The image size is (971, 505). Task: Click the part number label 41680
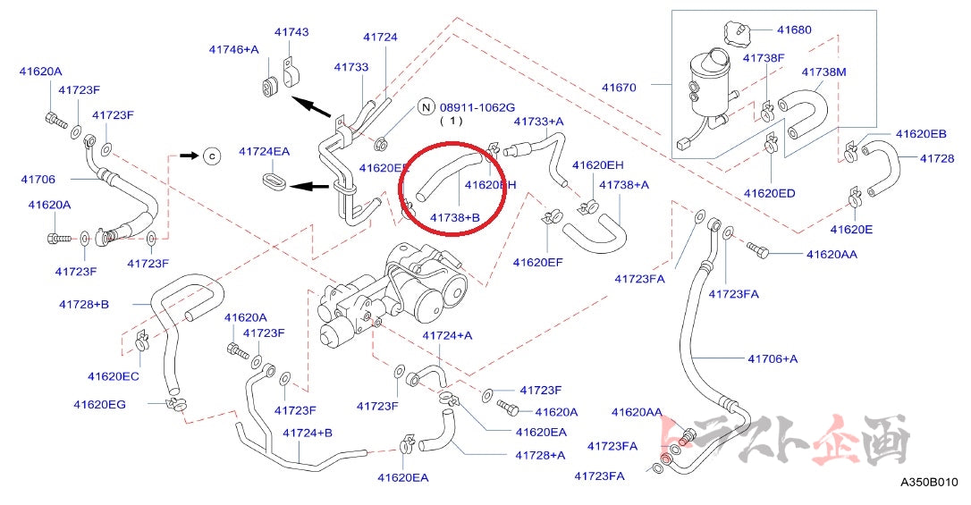pos(794,29)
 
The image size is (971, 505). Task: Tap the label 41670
pos(619,87)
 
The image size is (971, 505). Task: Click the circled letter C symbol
pos(212,156)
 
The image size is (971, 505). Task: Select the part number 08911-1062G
pos(478,107)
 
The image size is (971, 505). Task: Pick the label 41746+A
pos(233,49)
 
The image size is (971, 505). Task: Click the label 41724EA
pos(264,151)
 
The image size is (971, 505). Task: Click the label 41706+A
pos(772,358)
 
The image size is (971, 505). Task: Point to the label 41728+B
pos(84,304)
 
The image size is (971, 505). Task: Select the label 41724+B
pos(308,433)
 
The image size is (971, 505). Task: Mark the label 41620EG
pos(99,404)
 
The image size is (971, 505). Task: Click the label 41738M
pos(823,71)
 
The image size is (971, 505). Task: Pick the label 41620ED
pos(769,192)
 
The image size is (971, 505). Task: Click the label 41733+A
pos(538,121)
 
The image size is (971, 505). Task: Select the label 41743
pos(291,32)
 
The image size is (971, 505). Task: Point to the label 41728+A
pos(540,455)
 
